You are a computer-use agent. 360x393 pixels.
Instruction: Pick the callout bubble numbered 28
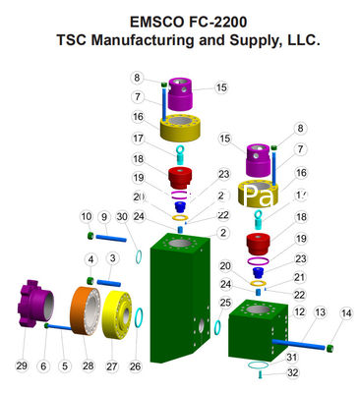click(x=88, y=365)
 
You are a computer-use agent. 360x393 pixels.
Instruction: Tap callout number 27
click(x=112, y=365)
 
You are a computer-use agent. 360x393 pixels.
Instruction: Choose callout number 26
click(x=136, y=365)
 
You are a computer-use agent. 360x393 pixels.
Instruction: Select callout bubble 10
click(x=87, y=216)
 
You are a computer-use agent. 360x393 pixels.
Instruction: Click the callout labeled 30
click(x=121, y=216)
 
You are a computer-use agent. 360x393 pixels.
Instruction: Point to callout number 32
click(x=291, y=372)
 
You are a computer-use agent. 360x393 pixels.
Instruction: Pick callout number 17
click(x=139, y=139)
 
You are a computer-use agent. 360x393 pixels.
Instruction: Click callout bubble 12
click(x=298, y=312)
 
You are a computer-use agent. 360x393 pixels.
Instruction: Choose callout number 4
click(x=90, y=258)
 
